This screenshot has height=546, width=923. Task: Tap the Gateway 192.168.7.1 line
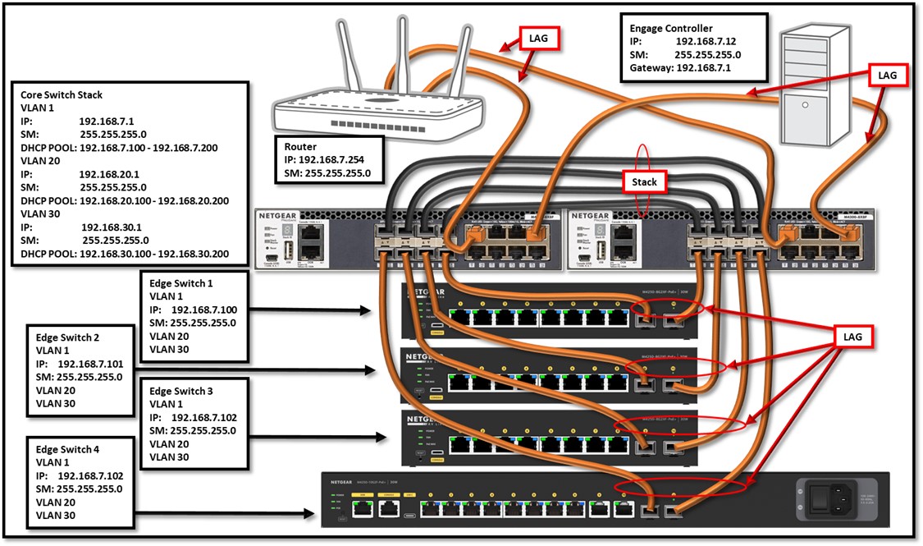680,68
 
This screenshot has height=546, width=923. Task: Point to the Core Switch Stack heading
73,95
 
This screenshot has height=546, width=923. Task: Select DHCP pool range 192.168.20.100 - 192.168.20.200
153,200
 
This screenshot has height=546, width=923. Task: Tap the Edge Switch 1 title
181,283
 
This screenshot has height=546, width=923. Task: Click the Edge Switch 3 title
181,390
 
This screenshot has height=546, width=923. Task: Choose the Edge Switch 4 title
69,449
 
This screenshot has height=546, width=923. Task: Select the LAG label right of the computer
888,75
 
